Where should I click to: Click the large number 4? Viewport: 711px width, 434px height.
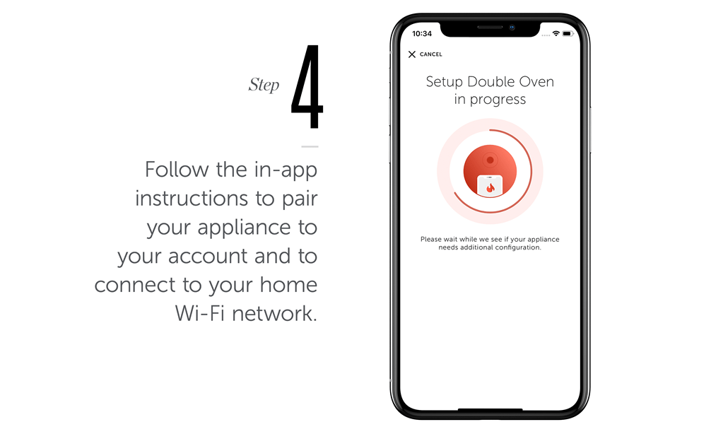307,88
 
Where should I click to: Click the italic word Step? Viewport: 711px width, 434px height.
264,86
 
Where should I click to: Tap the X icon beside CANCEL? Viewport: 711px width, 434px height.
412,54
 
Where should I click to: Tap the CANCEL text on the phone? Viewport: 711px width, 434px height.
431,54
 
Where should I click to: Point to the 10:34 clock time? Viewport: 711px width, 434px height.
422,34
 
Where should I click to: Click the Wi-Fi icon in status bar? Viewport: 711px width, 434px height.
556,33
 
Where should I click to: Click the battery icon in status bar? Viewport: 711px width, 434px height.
568,33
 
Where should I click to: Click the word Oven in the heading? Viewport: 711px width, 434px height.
536,82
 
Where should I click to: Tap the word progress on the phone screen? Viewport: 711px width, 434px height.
498,100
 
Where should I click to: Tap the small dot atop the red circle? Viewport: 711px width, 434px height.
490,160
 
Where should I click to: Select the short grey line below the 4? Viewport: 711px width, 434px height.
310,146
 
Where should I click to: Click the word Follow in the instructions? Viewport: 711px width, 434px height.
177,170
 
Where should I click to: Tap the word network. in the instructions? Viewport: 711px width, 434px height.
276,313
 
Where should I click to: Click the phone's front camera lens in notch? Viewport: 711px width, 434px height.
512,28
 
